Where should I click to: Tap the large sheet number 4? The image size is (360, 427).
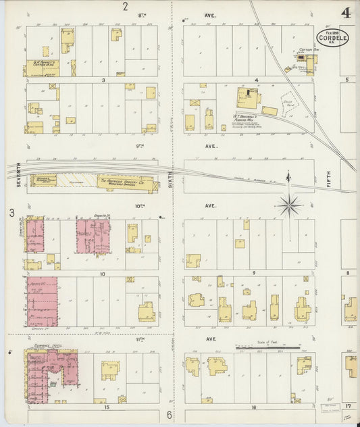click(346, 12)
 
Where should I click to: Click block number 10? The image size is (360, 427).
click(102, 274)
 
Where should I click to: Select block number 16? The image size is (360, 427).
click(255, 407)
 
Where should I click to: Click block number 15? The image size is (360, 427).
click(106, 407)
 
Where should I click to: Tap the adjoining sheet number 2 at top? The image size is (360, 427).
click(125, 7)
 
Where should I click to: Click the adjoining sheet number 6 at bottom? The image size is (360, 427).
click(170, 414)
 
